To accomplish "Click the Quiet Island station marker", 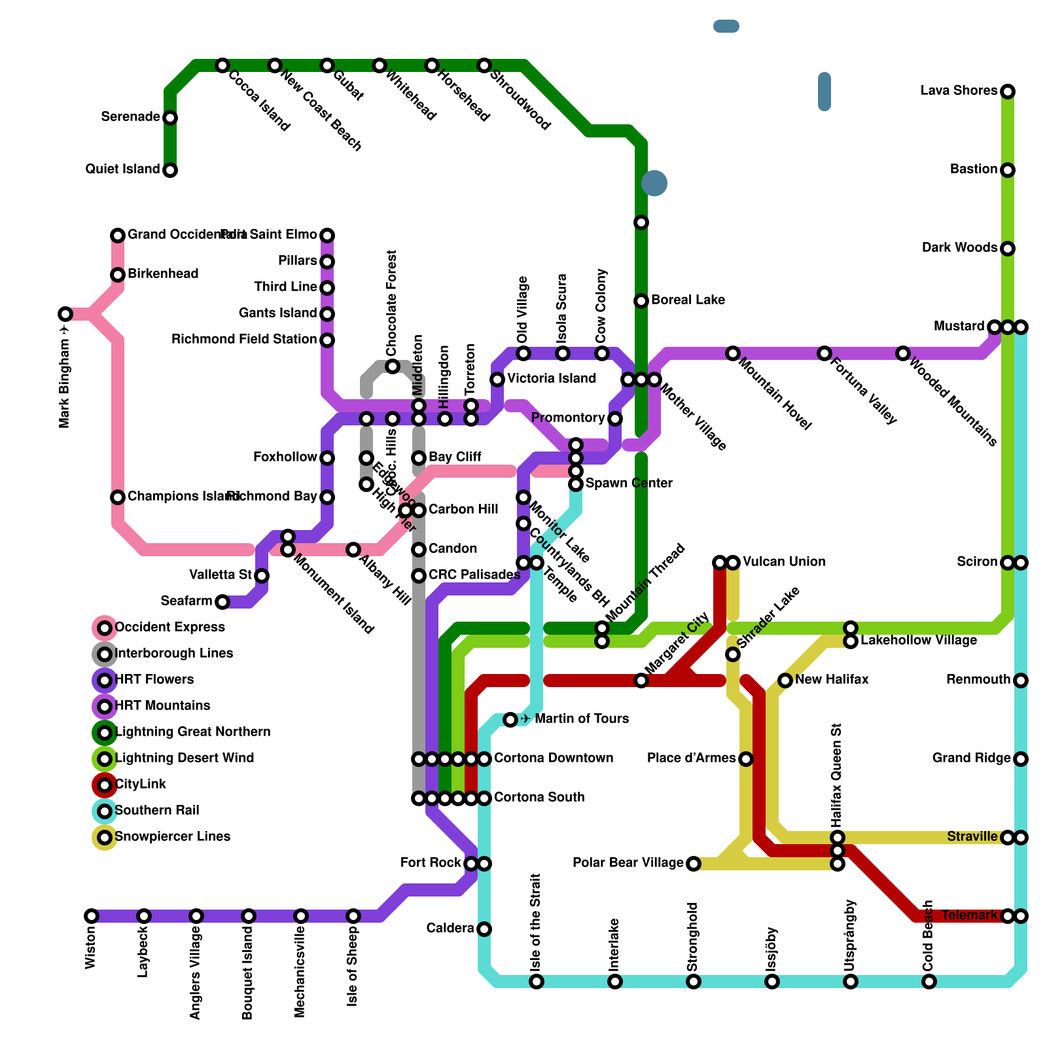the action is [170, 170].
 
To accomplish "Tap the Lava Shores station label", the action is [959, 91].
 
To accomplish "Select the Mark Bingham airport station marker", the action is [65, 314].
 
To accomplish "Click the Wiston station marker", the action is [92, 916].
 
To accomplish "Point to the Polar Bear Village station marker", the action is [694, 864].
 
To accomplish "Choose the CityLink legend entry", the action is [140, 785].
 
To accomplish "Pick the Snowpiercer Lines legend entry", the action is [172, 837].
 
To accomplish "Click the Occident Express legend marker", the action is [105, 628].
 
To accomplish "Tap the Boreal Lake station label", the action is [688, 300].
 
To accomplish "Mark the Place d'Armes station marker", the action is [746, 759].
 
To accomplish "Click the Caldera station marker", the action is [484, 929].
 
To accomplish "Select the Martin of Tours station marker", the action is [510, 720].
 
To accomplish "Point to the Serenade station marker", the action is [170, 118].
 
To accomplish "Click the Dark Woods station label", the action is [959, 248].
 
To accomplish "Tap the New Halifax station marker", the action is [785, 681].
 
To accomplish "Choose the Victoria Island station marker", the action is [497, 380].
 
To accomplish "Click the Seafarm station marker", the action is [222, 602].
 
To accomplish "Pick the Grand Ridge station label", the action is [971, 758].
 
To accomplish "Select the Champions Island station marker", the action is [118, 497].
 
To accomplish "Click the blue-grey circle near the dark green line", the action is [654, 183].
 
